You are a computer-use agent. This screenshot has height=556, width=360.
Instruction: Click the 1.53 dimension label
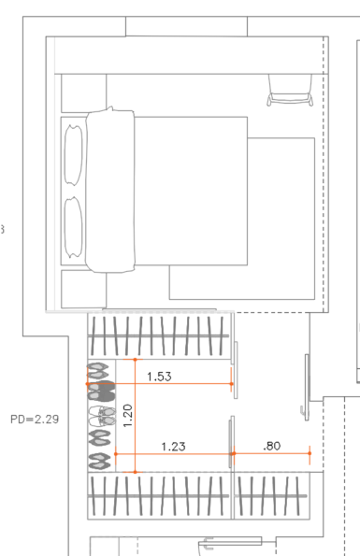pos(159,377)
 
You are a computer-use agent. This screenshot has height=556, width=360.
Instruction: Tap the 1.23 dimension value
pos(173,446)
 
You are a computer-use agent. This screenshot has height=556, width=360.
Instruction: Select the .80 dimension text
pos(272,446)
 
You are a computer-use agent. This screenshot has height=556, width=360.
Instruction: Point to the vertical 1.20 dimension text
pos(128,416)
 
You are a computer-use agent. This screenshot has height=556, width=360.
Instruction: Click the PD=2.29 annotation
pos(35,420)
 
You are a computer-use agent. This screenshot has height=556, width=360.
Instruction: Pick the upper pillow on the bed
pos(74,155)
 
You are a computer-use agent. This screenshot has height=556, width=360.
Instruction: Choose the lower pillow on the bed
pos(74,227)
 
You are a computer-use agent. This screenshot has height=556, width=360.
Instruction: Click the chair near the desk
pos(290,90)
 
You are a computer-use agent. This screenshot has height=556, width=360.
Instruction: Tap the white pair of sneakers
pos(102,416)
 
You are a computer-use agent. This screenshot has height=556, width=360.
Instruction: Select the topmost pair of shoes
pos(98,371)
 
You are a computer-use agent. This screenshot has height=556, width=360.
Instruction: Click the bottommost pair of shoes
pos(100,462)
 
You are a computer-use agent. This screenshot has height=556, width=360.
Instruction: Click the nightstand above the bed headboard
pos(84,93)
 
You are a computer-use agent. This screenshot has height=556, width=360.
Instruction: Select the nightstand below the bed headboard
pos(84,289)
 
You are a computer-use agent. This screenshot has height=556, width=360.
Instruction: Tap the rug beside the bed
pos(242,219)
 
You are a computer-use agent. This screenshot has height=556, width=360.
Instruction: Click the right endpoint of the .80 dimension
pos(310,453)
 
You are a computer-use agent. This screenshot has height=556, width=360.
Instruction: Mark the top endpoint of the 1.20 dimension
pos(135,360)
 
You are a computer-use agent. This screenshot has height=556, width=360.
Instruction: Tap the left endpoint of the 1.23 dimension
pos(116,453)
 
